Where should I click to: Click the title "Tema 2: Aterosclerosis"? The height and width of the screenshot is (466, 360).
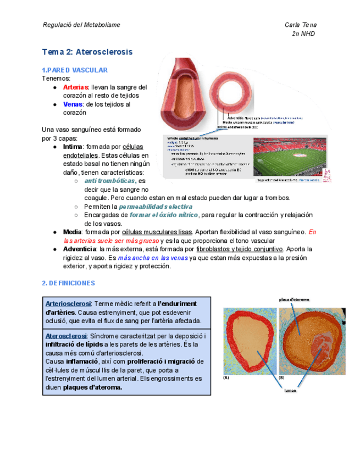pos(87,52)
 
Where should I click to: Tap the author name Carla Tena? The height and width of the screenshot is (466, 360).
pos(301,25)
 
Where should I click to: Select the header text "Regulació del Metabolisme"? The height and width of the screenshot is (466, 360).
pos(81,25)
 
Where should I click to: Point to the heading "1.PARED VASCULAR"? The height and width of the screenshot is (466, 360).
pos(75,70)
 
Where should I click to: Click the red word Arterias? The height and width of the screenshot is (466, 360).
pos(75,87)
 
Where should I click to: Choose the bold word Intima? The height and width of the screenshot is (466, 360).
pos(73,147)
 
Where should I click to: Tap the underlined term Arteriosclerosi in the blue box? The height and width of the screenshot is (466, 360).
pos(68,304)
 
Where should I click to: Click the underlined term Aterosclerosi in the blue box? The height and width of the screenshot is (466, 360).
pos(66,336)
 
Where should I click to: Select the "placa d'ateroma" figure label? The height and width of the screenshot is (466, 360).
pos(295,299)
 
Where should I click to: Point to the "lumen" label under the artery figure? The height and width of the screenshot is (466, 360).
pos(290,391)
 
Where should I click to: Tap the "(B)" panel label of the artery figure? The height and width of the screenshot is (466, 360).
pos(281,378)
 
